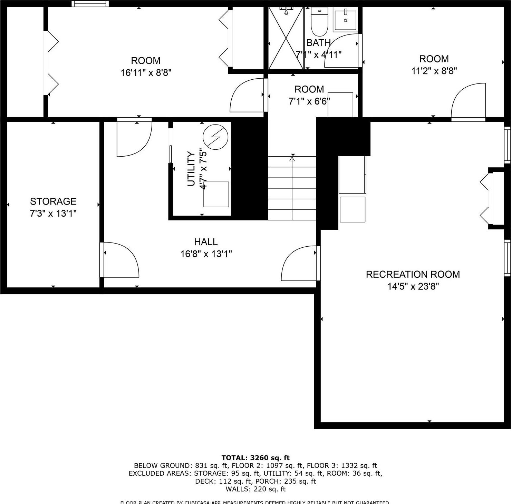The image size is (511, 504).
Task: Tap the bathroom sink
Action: coord(345,20)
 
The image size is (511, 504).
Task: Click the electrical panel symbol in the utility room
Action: coord(215,137)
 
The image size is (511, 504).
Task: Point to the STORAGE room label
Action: coord(53,201)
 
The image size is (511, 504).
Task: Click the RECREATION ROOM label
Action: coord(413,274)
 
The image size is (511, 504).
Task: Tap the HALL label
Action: coord(206,242)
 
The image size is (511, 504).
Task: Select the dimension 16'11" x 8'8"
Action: coord(146,73)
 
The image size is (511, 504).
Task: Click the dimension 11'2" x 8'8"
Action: coord(434,71)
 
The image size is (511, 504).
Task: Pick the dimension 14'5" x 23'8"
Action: coord(413,286)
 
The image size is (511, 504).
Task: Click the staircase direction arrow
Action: coord(292,159)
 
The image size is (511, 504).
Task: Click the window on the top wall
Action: coord(90,4)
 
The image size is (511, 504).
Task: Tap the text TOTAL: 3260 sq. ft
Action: coord(256,458)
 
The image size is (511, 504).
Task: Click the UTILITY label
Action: coord(191,169)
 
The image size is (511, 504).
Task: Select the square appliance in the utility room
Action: coord(216,194)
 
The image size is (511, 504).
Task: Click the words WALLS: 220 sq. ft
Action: coord(256,489)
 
